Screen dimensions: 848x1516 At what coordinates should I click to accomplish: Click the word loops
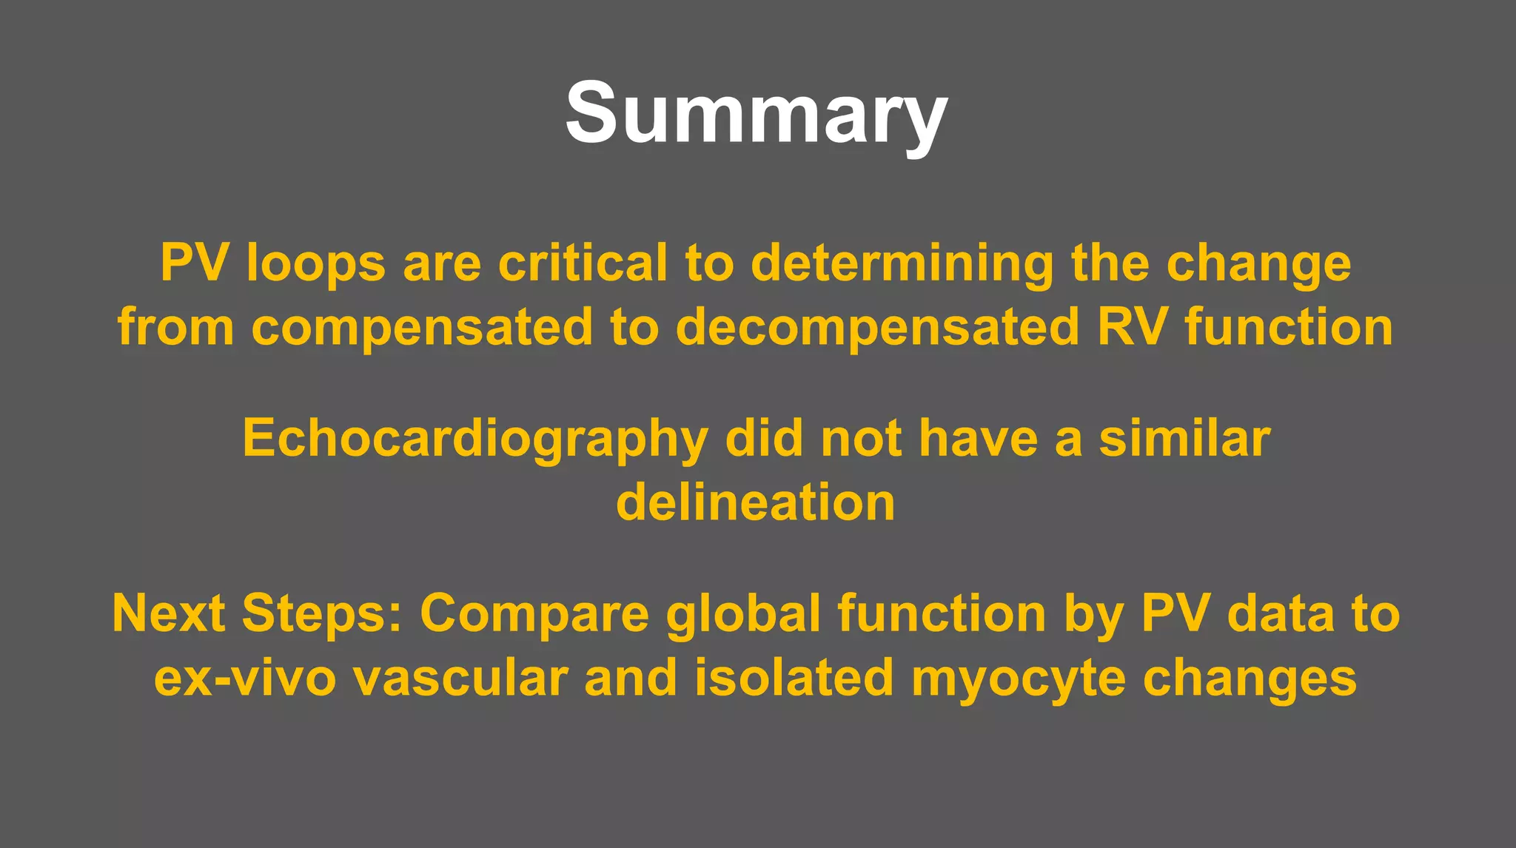316,263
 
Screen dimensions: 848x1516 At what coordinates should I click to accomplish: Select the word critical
583,263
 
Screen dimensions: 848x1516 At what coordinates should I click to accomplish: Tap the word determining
902,265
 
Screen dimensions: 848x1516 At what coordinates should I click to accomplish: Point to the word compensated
422,329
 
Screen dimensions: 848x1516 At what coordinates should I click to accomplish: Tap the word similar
1184,438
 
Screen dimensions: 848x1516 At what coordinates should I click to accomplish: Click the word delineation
756,502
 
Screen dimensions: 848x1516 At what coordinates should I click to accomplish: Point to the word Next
168,613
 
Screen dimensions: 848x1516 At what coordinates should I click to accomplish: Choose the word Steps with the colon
322,615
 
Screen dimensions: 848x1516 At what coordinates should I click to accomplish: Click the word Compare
534,615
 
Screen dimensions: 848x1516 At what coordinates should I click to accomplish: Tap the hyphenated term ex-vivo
245,678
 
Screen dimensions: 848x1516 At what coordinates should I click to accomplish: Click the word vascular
460,678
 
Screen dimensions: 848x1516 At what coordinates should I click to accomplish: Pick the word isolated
794,678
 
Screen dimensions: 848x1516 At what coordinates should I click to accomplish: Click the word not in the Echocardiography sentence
861,438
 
